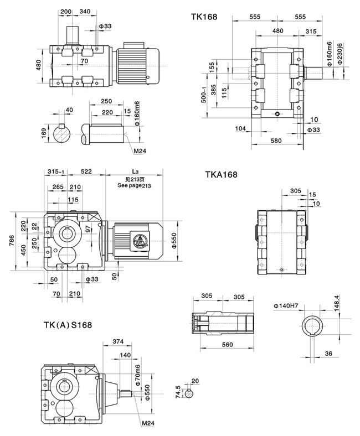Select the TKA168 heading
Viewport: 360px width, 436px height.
click(221, 175)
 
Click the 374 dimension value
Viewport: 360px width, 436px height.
click(117, 341)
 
